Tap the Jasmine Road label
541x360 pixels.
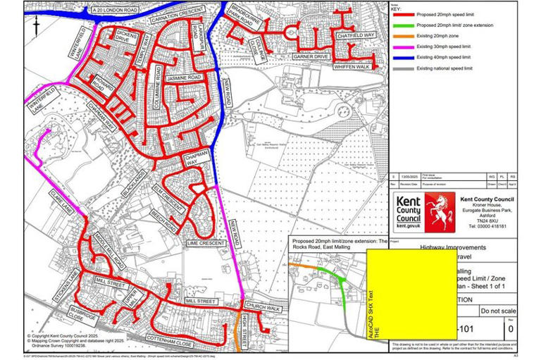coord(185,77)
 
